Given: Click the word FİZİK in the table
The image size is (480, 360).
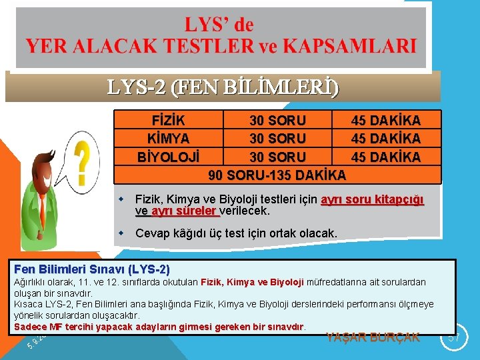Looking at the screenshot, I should (x=169, y=121).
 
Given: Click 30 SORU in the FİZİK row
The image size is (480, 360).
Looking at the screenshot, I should (x=277, y=121).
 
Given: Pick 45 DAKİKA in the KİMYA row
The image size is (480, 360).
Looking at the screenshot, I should (x=386, y=139).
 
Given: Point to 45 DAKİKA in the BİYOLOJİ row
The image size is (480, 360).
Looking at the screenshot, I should (x=386, y=157).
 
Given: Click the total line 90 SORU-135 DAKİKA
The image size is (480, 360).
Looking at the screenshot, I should (x=277, y=175).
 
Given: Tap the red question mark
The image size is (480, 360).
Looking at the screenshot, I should (x=83, y=163).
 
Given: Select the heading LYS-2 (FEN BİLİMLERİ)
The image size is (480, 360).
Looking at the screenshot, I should (x=223, y=87).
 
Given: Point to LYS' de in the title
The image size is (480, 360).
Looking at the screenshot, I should (x=219, y=25).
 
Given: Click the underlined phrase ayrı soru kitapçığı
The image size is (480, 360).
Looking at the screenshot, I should (x=372, y=199).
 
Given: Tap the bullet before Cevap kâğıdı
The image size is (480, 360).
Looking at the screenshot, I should (x=122, y=233).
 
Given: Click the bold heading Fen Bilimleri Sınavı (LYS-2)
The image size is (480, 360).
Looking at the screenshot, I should (x=92, y=269).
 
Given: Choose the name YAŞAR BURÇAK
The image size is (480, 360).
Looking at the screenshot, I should (x=373, y=337).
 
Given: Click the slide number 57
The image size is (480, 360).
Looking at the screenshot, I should (x=453, y=337).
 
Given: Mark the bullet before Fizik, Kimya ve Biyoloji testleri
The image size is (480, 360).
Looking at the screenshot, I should (x=122, y=199).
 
